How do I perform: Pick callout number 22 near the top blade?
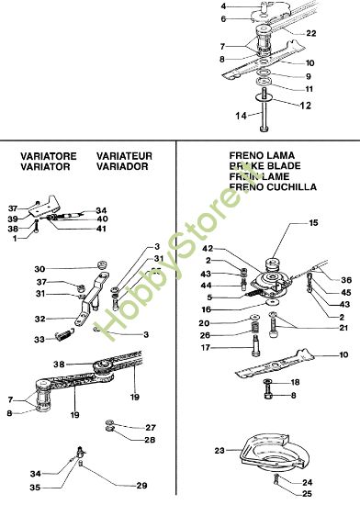[313, 33]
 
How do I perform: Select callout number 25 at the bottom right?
[308, 493]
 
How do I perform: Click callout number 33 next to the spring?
[39, 339]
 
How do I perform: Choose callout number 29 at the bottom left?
[141, 485]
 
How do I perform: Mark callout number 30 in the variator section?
[39, 268]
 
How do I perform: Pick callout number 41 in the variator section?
[102, 229]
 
